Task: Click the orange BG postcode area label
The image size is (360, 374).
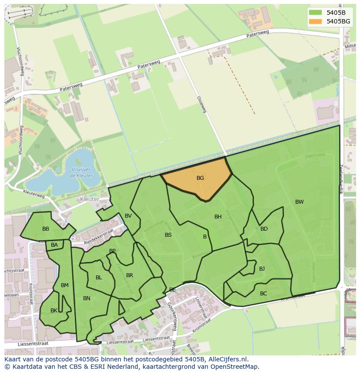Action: [200, 178]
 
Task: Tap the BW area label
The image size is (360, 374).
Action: [299, 202]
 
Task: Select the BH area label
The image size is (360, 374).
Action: [218, 217]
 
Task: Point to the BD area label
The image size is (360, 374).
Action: [264, 229]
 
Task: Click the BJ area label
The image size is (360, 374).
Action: [262, 269]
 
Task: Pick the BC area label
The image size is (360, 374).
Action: [263, 294]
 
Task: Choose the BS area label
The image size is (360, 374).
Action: [168, 235]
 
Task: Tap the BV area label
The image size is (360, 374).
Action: [128, 216]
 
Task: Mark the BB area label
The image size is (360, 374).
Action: [46, 229]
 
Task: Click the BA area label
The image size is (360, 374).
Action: [54, 245]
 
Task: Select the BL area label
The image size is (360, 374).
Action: [99, 278]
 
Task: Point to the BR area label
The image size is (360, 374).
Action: [130, 275]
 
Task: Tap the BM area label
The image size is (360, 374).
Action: [65, 285]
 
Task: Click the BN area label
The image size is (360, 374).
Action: [87, 298]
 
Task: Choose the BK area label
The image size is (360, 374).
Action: [54, 311]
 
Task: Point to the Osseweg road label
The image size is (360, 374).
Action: [201, 105]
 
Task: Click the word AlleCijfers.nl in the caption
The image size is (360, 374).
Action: [227, 359]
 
